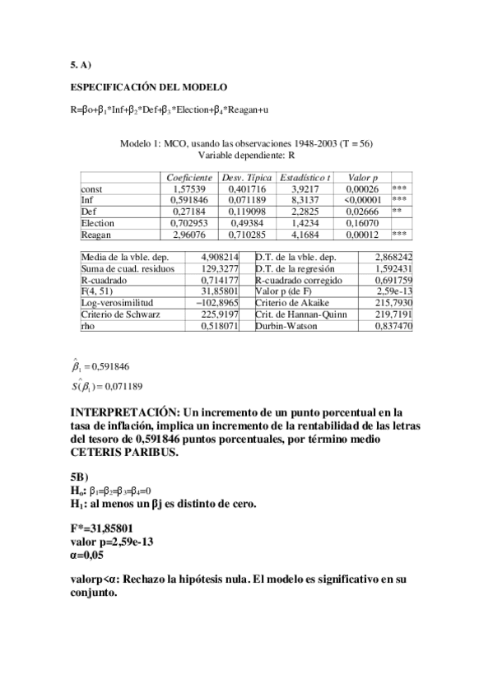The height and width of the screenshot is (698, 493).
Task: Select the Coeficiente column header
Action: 189,178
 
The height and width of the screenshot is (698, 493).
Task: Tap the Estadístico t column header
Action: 305,178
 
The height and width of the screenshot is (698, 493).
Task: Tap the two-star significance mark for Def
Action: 397,212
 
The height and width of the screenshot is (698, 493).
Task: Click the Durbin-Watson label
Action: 284,327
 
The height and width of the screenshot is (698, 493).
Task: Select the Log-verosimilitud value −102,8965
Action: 217,304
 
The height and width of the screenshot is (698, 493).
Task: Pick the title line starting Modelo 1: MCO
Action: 246,143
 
